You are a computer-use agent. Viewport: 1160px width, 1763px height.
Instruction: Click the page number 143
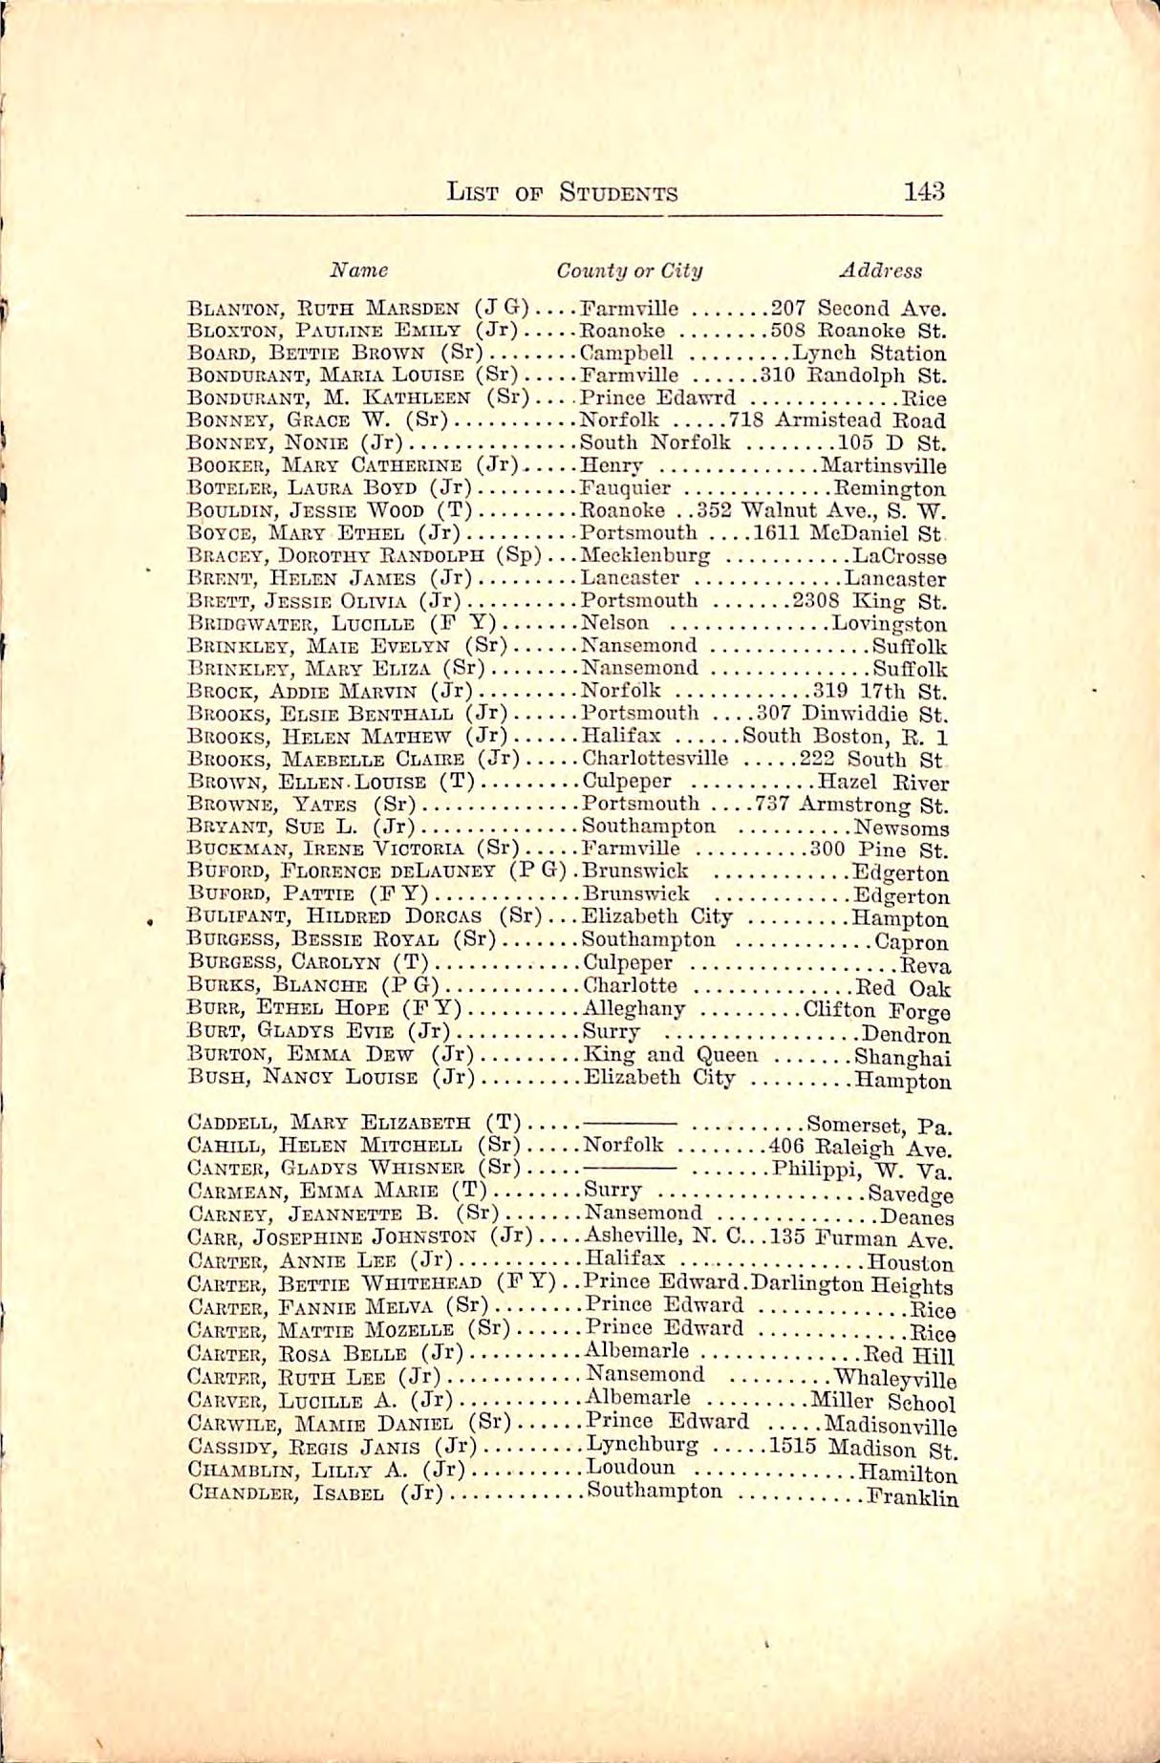coord(923,191)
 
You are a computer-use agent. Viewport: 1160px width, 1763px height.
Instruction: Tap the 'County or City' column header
coord(630,270)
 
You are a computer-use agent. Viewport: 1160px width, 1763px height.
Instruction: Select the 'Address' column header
coord(880,270)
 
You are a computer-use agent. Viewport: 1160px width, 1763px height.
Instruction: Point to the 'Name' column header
coord(358,270)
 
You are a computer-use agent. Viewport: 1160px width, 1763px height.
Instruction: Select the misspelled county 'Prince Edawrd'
coord(658,398)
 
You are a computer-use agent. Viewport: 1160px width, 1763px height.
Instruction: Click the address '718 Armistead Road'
coord(837,421)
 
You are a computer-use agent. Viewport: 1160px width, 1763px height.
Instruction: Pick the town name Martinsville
coord(884,466)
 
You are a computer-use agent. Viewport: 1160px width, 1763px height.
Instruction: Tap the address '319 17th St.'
coord(879,692)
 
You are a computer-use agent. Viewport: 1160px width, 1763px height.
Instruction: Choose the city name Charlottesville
coord(655,760)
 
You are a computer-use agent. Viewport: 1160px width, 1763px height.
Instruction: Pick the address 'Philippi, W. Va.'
coord(862,1170)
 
